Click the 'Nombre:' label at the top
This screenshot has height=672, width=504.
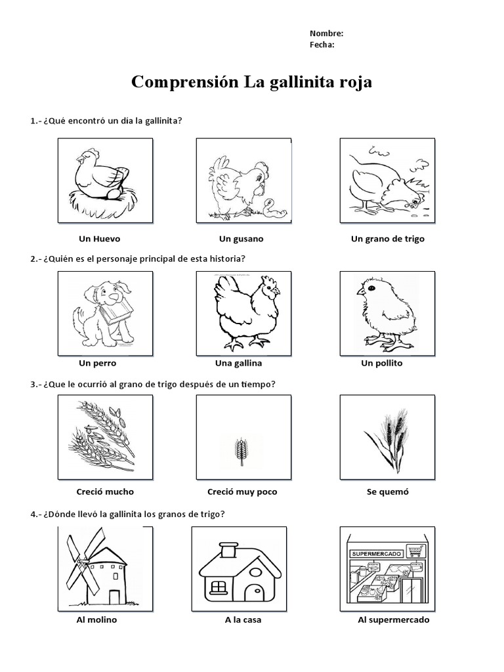326,33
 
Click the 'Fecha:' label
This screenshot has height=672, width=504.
322,45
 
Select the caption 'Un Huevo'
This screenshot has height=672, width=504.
99,239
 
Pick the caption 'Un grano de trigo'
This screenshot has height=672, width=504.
387,239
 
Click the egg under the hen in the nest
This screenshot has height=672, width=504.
115,194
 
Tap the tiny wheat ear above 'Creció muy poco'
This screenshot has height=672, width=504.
241,451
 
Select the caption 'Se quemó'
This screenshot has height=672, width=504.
387,492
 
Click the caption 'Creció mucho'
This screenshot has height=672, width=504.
105,492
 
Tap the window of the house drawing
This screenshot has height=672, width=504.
218,586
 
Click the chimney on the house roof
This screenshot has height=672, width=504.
229,550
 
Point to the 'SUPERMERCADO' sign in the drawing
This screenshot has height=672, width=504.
377,554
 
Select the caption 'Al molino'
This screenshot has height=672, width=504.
96,619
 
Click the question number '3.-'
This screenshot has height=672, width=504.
35,385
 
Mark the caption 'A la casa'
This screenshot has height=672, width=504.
243,619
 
